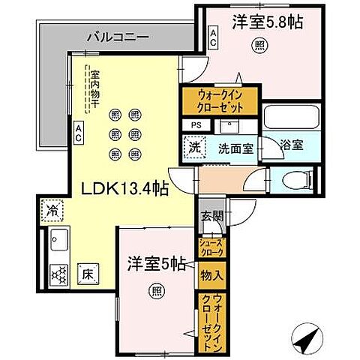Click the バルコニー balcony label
pos(117,35)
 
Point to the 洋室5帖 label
pos(155,263)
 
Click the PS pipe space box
pos(196,125)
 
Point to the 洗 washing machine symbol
pos(193,147)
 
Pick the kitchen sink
pos(57,243)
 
